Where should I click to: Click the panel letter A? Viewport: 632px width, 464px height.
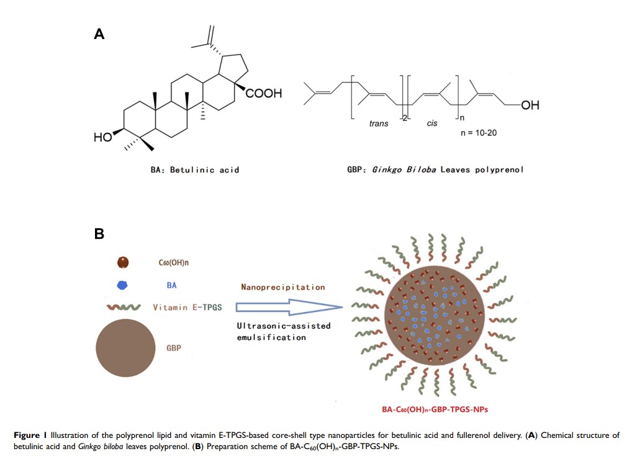(99, 35)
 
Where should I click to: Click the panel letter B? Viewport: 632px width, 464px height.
(99, 234)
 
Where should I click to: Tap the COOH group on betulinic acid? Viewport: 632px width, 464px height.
(264, 94)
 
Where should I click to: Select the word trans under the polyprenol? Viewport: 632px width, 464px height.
(379, 123)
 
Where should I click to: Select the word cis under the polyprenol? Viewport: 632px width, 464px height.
(432, 123)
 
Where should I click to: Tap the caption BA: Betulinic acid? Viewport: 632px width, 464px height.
(195, 169)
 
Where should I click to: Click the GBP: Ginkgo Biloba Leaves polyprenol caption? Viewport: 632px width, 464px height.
(435, 169)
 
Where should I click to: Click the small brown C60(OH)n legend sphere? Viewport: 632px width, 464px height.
(124, 263)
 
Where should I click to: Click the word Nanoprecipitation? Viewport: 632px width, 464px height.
(283, 288)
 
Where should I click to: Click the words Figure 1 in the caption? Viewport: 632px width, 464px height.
(29, 435)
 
